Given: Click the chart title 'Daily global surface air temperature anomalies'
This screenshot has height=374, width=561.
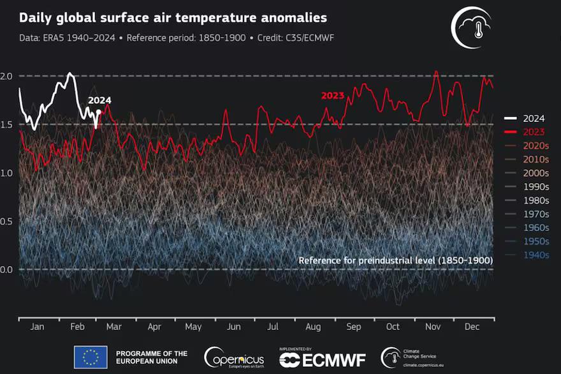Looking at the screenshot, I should [173, 18].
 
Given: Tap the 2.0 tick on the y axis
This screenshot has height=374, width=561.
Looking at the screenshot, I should [7, 76].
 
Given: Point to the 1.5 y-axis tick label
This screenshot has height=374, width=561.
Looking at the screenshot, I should [7, 124].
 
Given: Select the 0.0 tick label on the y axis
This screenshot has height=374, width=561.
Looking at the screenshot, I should [7, 269].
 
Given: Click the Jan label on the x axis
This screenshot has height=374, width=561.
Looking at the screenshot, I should [37, 326].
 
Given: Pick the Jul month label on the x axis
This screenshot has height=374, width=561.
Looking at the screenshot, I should [273, 326].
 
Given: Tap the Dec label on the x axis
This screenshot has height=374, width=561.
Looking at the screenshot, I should [472, 326].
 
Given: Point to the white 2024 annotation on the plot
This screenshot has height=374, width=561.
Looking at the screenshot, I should [99, 100].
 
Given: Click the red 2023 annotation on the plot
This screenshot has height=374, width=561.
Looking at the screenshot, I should [332, 96].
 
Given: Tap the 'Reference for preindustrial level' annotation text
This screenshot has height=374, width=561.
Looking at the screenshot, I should [395, 260].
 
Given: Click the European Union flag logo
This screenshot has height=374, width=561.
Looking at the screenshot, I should [91, 357].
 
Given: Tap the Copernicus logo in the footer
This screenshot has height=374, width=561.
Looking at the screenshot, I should [234, 357].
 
